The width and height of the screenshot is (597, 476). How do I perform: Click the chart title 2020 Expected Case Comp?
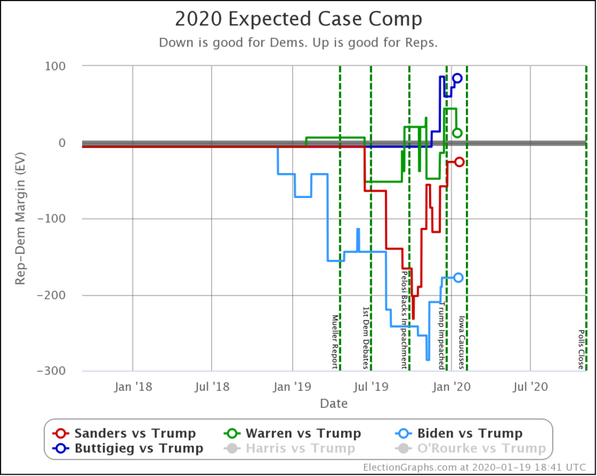pos(298,19)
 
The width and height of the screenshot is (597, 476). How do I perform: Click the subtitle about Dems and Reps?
pos(298,43)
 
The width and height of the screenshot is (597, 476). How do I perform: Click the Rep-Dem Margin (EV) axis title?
pos(20,219)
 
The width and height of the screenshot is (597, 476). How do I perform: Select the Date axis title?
pos(333,403)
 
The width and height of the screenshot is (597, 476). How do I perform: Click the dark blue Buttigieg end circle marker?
pos(457,78)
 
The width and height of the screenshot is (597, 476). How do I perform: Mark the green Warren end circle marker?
pos(458,133)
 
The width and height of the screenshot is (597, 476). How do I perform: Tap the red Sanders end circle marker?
pos(459,162)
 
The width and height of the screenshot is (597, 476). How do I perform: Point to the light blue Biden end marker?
pos(458,278)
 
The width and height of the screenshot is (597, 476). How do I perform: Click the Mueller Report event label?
pos(335,341)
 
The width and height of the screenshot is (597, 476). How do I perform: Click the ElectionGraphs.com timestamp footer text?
pos(476,467)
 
